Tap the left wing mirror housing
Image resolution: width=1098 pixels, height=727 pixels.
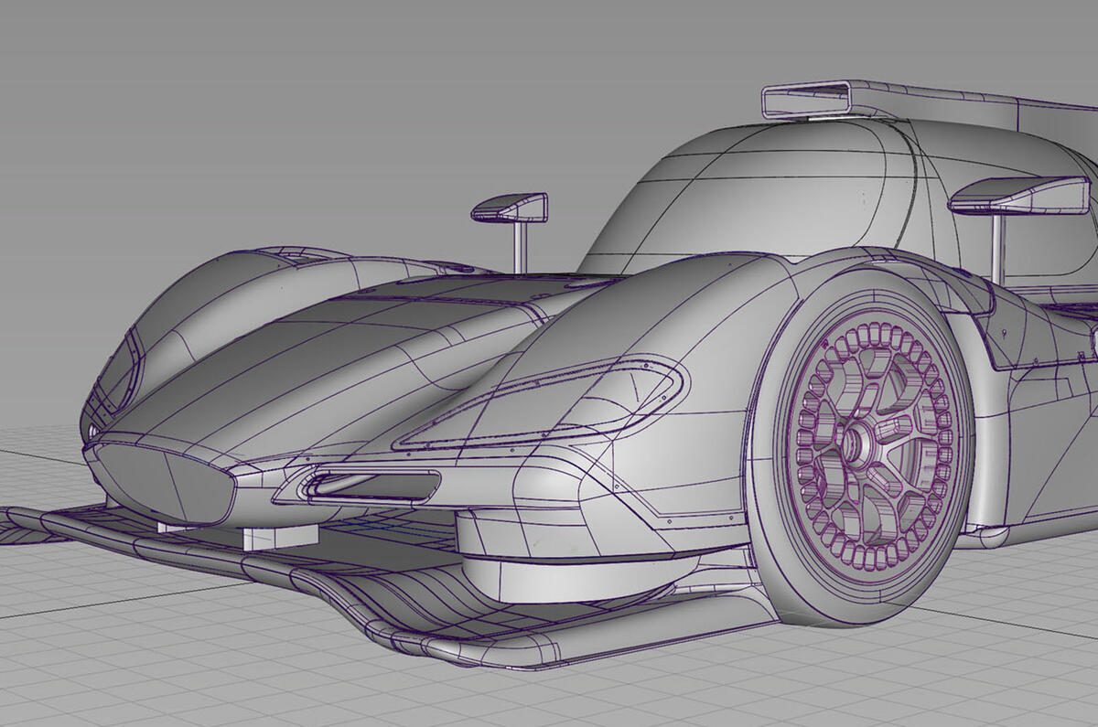coord(510,208)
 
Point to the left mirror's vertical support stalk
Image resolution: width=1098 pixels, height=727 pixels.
coord(520,244)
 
